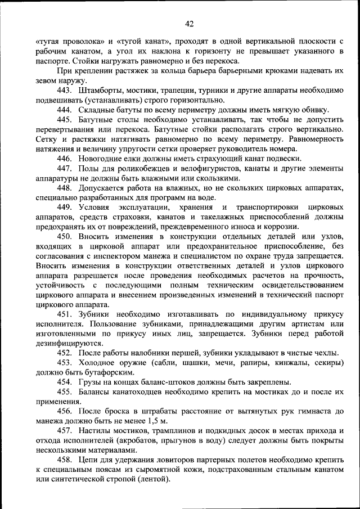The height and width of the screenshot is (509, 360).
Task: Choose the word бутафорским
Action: click(108, 372)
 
